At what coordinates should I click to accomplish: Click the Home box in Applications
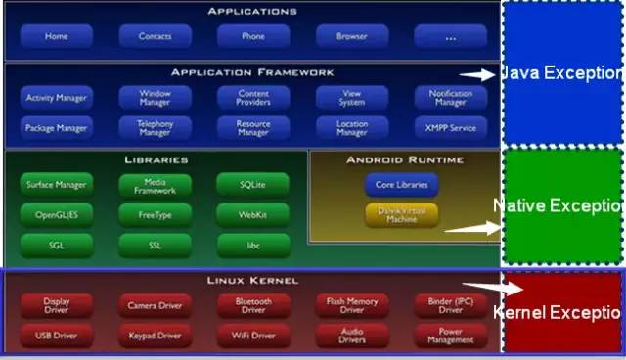(x=57, y=36)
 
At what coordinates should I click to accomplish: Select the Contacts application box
(x=156, y=36)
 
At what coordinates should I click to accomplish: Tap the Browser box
(x=352, y=36)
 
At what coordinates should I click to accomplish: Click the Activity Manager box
(x=57, y=98)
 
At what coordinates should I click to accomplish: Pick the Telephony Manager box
(x=156, y=127)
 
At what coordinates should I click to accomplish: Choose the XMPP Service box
(x=450, y=127)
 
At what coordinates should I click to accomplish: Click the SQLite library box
(x=253, y=184)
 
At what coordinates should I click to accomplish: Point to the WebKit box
(x=253, y=213)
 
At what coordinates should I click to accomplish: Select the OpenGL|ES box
(x=57, y=213)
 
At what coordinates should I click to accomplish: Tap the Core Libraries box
(x=402, y=184)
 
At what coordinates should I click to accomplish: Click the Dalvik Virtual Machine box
(x=402, y=214)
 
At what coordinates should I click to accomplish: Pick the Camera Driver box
(x=156, y=306)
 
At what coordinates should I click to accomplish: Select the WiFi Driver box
(x=253, y=337)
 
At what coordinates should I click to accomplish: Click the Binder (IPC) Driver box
(x=450, y=306)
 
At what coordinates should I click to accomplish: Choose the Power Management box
(x=450, y=337)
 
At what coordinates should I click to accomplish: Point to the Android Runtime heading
(x=405, y=159)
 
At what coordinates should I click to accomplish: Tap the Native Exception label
(x=559, y=205)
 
